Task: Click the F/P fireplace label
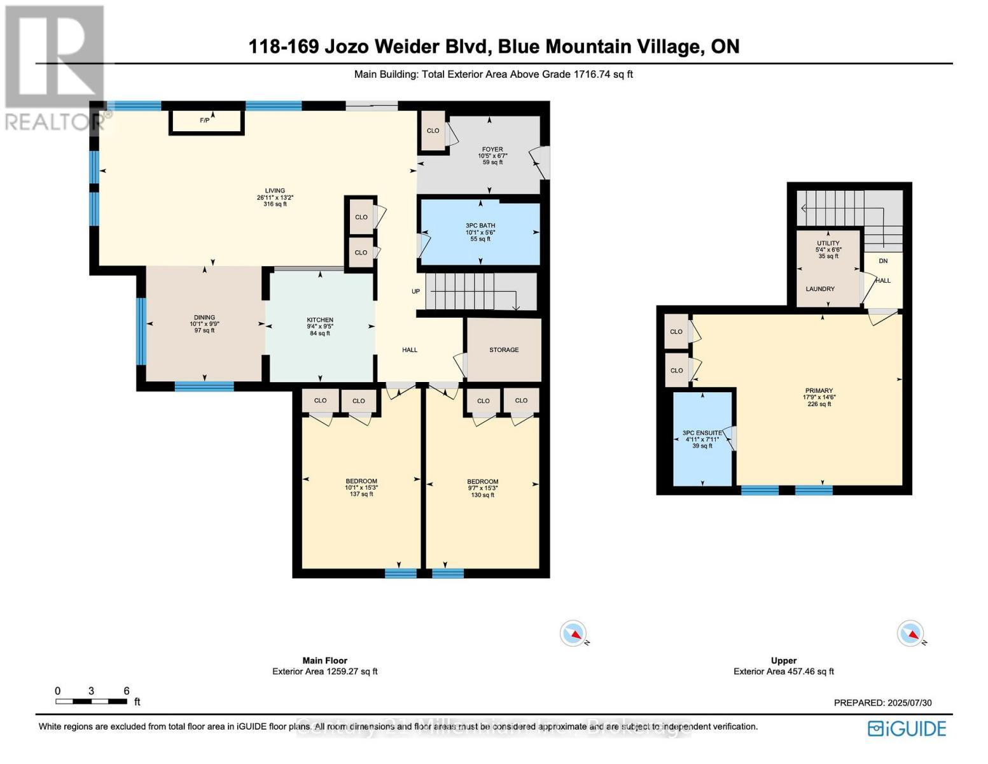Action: click(205, 120)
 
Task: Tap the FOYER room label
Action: click(492, 150)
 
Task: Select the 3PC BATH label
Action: click(480, 225)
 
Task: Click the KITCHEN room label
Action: click(319, 320)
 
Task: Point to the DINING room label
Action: click(204, 318)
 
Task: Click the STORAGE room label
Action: click(503, 350)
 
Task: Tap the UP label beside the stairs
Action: click(415, 292)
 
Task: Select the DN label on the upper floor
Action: click(883, 261)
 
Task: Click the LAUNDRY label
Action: click(820, 289)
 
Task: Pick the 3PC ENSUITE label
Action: click(702, 433)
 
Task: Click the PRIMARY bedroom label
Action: click(818, 391)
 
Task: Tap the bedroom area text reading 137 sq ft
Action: click(361, 494)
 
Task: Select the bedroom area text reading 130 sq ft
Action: click(482, 495)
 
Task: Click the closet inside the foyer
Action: click(433, 131)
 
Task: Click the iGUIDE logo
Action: click(907, 728)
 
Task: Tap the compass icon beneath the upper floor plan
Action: click(910, 633)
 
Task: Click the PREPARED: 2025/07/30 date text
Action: click(882, 703)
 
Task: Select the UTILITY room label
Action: click(828, 243)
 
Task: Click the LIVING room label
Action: click(275, 191)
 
